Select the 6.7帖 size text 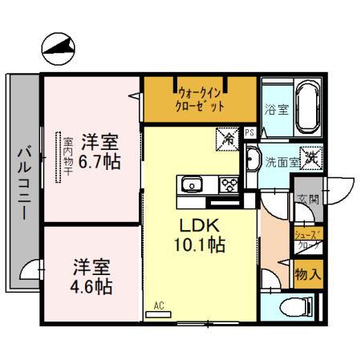(100, 161)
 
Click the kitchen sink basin (192, 185)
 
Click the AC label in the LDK (158, 305)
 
